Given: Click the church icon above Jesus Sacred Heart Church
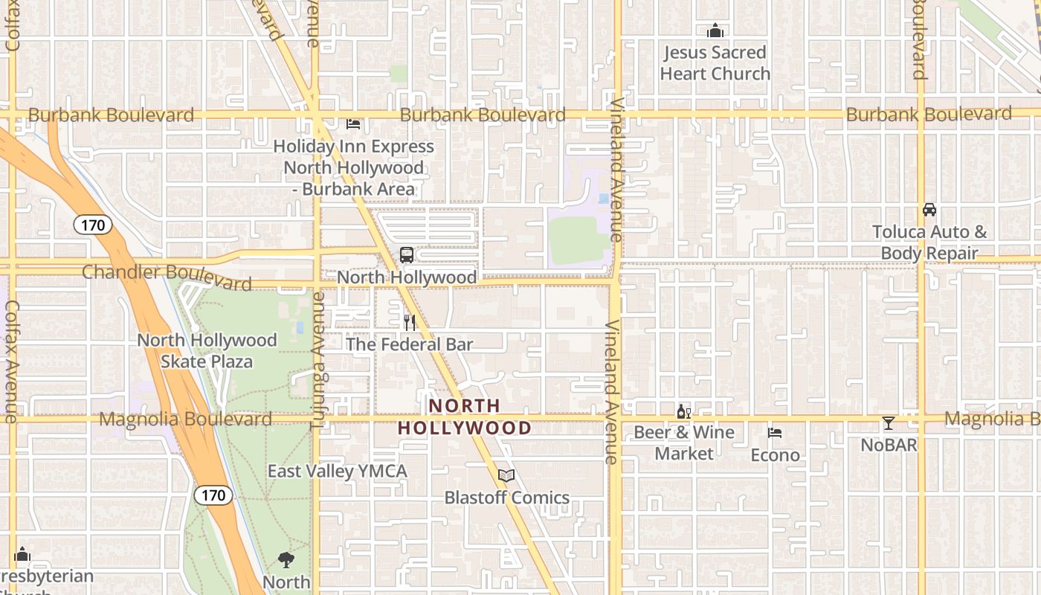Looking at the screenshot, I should tap(715, 30).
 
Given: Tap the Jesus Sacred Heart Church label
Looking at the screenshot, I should tap(715, 63).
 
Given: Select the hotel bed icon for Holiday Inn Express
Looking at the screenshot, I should tap(353, 123).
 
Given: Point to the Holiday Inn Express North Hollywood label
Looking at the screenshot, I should tap(353, 167).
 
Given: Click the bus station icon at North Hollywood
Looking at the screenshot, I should tap(407, 255).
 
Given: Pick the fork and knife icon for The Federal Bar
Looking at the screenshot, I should tap(410, 323).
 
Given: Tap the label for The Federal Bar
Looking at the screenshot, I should tap(410, 344).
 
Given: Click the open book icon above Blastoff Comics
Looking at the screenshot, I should tap(506, 475).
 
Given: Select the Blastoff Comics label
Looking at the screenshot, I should tap(507, 498).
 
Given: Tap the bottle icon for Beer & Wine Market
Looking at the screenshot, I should tap(683, 411).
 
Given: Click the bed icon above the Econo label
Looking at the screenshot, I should tap(775, 433).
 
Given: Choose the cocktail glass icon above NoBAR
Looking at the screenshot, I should tap(889, 423).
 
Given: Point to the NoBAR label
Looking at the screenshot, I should tap(889, 445).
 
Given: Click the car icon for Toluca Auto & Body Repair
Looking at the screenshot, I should tap(929, 210).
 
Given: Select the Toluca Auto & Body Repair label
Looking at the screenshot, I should tap(929, 242).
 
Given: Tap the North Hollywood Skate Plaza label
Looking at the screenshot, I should tap(207, 351).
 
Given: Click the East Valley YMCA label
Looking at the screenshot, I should tap(338, 471).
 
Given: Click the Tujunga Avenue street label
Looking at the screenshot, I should tap(318, 361).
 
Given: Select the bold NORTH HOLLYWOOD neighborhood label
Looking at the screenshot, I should tap(465, 416).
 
